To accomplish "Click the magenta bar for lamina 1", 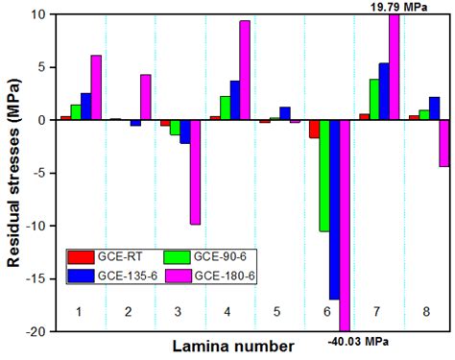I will pyautogui.click(x=96, y=87).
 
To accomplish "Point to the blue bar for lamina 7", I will pyautogui.click(x=384, y=91).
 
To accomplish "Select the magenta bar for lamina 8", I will pyautogui.click(x=444, y=143).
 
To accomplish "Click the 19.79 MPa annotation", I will pyautogui.click(x=399, y=7).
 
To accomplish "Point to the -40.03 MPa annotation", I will pyautogui.click(x=360, y=340).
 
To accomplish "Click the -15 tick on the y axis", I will pyautogui.click(x=37, y=278).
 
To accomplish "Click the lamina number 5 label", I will pyautogui.click(x=277, y=312).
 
